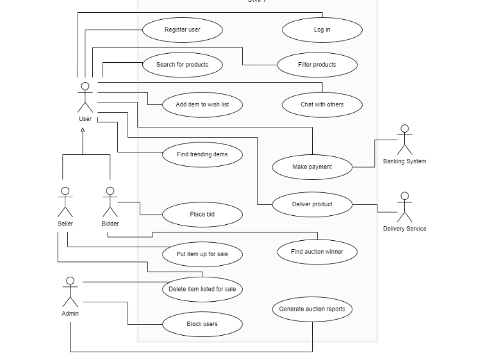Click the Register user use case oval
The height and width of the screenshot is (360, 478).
(x=182, y=29)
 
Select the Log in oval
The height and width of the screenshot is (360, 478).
(x=322, y=29)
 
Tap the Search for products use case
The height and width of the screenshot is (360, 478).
(x=182, y=65)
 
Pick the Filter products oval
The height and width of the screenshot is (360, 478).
(x=317, y=65)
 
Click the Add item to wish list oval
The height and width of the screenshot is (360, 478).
(x=202, y=104)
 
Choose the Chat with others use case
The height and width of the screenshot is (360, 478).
(x=322, y=104)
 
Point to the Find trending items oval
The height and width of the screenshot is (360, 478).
(x=202, y=154)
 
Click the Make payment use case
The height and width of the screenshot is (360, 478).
(x=312, y=167)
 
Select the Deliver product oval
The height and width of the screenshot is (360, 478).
(x=312, y=204)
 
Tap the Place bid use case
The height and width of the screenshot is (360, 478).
(x=202, y=215)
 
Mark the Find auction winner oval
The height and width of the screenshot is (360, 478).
(x=317, y=252)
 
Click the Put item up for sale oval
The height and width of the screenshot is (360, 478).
(x=202, y=254)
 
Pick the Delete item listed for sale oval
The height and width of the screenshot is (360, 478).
(x=202, y=289)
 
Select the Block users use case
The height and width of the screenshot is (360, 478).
(x=202, y=324)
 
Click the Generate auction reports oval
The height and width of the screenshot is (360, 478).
(x=312, y=309)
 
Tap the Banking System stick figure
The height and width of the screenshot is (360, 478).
(x=404, y=140)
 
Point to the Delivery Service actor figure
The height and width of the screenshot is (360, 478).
(x=404, y=206)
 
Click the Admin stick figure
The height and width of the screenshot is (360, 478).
(x=70, y=292)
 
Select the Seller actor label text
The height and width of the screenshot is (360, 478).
(x=65, y=224)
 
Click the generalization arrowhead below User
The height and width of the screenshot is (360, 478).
(x=83, y=131)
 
